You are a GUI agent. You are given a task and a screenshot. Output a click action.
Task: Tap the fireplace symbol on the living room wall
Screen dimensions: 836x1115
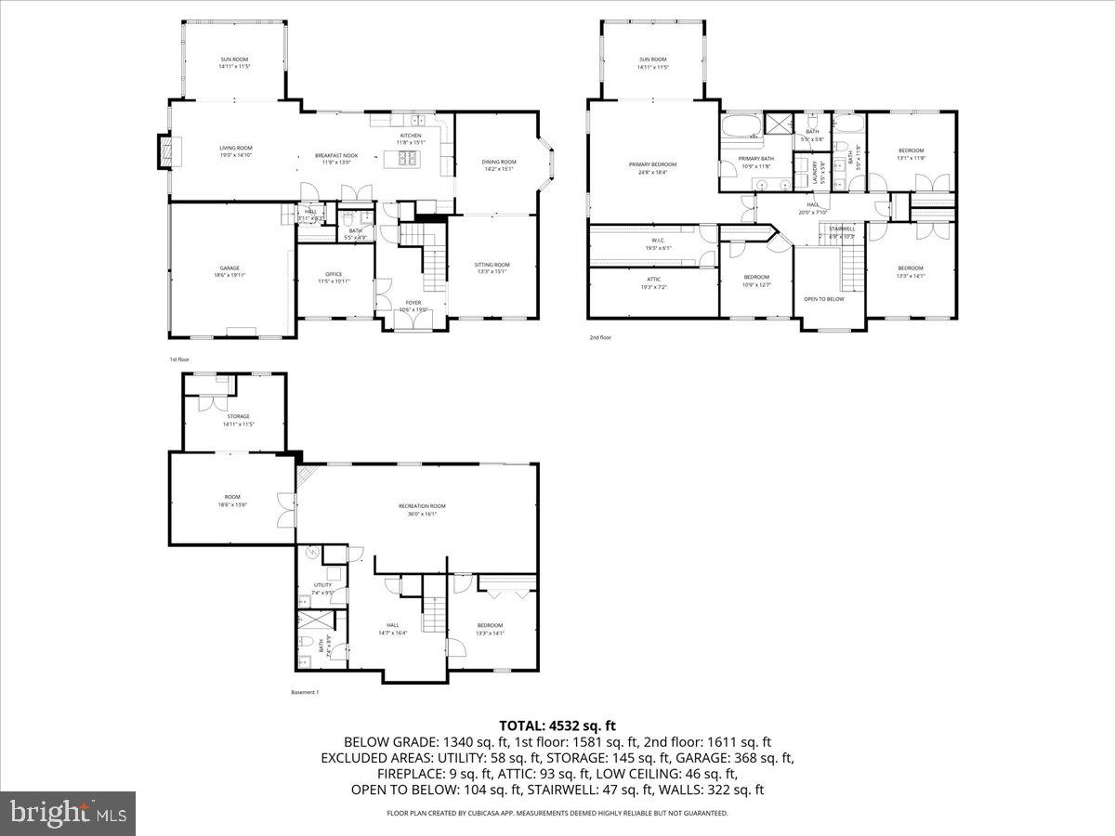coord(164,152)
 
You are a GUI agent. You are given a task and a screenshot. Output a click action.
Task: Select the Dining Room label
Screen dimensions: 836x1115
coord(499,163)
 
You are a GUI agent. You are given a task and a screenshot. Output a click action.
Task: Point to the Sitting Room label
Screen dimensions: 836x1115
coord(492,265)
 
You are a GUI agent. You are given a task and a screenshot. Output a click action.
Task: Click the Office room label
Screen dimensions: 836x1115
coord(334,274)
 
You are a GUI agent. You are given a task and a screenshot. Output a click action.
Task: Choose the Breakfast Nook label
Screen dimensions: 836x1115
coord(336,156)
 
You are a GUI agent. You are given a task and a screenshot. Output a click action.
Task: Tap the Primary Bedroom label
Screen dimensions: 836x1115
coord(652,164)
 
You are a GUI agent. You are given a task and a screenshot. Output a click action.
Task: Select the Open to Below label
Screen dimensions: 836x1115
coord(824,299)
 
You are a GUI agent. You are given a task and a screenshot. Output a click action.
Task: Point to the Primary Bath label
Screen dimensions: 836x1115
coord(755,159)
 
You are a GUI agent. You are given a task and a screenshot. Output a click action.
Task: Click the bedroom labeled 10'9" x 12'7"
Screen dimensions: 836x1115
coord(755,281)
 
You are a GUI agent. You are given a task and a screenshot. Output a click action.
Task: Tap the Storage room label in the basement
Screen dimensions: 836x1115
coord(239,416)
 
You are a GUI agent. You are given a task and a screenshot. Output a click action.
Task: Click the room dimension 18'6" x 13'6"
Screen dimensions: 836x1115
coord(231,504)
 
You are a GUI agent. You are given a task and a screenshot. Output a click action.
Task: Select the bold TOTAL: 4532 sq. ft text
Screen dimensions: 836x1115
coord(557,725)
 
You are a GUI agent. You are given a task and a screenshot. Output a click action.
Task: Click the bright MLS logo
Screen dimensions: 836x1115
coord(68,814)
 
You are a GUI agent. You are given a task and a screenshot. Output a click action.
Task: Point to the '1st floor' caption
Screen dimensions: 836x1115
coord(178,358)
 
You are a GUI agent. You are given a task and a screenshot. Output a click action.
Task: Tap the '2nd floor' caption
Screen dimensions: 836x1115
coord(600,338)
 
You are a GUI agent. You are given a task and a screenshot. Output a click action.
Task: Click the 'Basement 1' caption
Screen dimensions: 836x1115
coord(304,692)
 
